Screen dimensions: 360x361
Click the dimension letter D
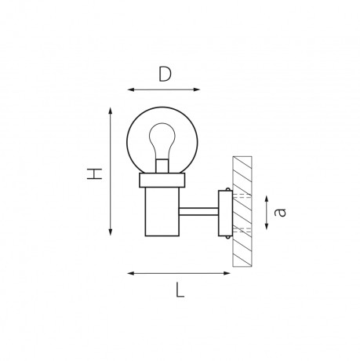(x=165, y=74)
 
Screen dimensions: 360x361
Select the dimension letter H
(x=95, y=174)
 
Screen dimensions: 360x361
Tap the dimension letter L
(x=180, y=290)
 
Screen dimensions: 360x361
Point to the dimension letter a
(x=280, y=212)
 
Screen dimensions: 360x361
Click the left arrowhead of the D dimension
(x=131, y=89)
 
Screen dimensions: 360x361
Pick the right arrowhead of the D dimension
(x=197, y=89)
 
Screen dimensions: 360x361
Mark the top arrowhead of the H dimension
(x=111, y=111)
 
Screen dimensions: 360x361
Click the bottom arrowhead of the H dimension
(x=111, y=232)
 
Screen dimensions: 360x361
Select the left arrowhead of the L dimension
(x=131, y=273)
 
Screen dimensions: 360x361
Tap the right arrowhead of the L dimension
(x=227, y=273)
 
